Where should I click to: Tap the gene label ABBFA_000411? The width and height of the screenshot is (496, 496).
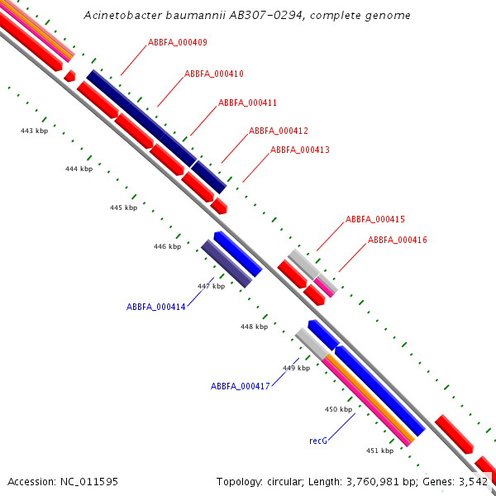tap(247, 103)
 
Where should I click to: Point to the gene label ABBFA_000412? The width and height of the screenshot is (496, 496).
tap(278, 131)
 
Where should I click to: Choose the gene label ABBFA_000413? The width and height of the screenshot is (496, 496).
tap(299, 150)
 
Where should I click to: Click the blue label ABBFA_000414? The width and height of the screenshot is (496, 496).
tap(155, 306)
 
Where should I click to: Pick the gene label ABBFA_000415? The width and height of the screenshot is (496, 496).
tap(374, 219)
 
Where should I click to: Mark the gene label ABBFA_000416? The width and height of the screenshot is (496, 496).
tap(397, 240)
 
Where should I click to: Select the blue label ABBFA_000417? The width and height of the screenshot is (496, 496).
tap(240, 386)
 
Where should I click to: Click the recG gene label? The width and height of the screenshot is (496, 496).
tap(318, 441)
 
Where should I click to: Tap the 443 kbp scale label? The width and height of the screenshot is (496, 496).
tap(34, 131)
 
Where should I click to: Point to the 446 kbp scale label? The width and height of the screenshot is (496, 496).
tap(167, 246)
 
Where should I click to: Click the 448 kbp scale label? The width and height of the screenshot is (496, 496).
tap(254, 327)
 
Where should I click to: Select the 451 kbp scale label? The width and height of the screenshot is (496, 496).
tap(379, 450)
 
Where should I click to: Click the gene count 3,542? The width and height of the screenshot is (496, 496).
tap(473, 481)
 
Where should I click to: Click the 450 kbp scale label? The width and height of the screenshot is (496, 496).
tap(338, 409)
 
